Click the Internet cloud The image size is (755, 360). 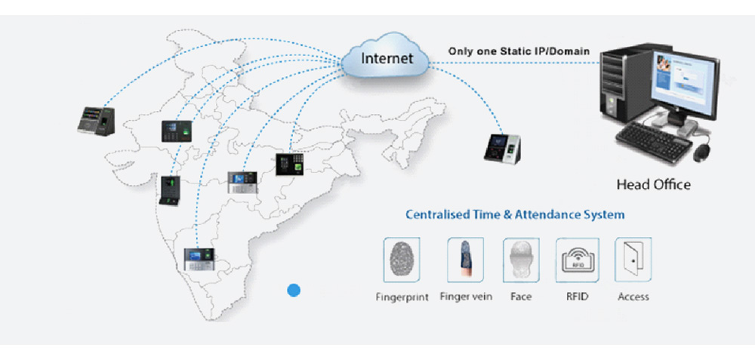(386, 57)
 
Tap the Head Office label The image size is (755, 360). (653, 184)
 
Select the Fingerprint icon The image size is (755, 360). (402, 260)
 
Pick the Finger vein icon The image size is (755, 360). (465, 260)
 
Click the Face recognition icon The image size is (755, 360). (521, 260)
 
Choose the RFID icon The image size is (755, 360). (578, 260)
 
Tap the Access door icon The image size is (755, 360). (633, 260)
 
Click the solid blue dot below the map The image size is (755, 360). (294, 291)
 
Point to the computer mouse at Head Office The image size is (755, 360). (702, 152)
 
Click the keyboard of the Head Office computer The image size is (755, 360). (654, 142)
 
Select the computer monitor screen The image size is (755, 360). (686, 83)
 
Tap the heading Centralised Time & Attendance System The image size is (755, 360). (515, 214)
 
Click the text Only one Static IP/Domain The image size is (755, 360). (519, 51)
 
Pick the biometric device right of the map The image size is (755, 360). (504, 148)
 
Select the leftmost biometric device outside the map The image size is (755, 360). (97, 120)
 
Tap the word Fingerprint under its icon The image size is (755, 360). (402, 297)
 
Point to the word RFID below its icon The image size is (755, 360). (578, 297)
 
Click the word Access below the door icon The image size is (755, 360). (633, 297)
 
